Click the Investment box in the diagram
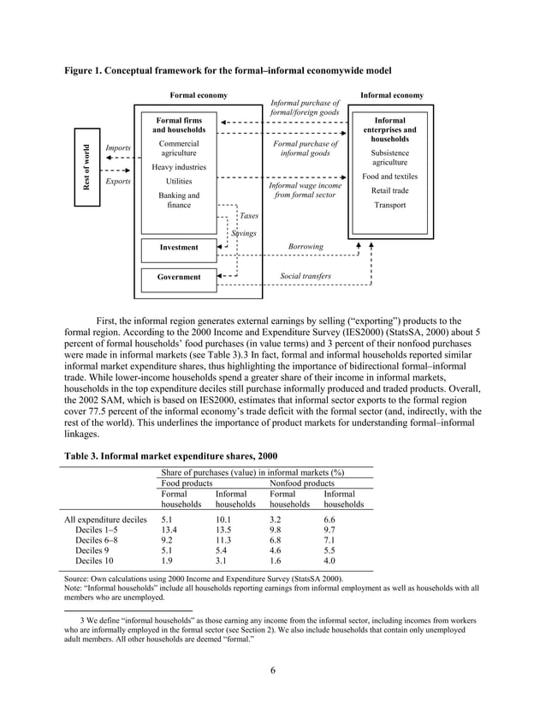(x=179, y=248)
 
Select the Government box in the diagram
(x=179, y=277)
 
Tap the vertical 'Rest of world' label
(x=86, y=168)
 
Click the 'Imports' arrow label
(x=117, y=148)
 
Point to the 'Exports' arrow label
(x=117, y=182)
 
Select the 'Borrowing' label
(x=305, y=247)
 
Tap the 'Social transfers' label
(x=305, y=277)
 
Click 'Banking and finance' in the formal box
(x=179, y=201)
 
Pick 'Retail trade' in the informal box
(x=389, y=190)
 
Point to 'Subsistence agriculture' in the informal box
(x=389, y=157)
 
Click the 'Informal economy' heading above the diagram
(x=391, y=95)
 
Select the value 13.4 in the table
(x=169, y=530)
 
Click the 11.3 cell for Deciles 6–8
(x=223, y=541)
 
